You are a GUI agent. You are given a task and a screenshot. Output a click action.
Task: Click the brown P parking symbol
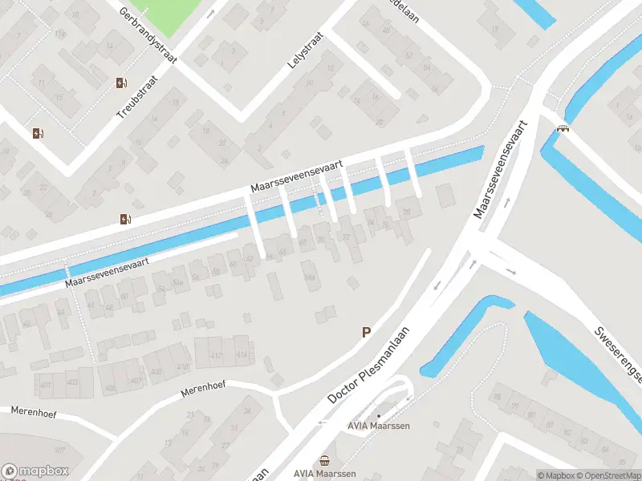tap(367, 332)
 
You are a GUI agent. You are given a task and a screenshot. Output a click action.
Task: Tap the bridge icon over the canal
tap(564, 127)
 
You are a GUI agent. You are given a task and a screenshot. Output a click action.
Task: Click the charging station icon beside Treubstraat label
tap(121, 83)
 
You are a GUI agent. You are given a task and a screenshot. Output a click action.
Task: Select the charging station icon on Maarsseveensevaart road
tap(124, 219)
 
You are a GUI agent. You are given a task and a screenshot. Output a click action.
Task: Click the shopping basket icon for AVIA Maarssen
tap(324, 460)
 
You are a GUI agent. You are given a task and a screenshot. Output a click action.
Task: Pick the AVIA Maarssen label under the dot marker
tap(379, 426)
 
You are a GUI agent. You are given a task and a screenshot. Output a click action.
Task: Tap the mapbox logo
tap(35, 471)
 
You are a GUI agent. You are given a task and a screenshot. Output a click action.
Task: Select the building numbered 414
tap(242, 354)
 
